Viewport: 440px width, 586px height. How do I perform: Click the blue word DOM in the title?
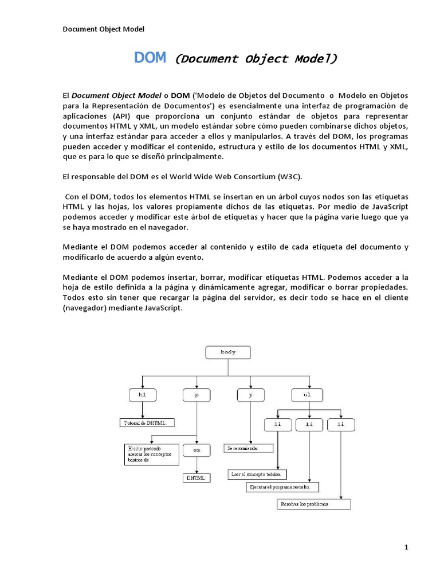point(150,58)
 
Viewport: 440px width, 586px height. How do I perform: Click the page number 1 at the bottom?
point(406,548)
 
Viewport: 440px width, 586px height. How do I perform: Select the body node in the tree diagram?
point(228,353)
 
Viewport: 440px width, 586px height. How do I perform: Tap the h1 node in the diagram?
point(142,395)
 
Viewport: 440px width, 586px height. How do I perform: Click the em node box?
point(196,450)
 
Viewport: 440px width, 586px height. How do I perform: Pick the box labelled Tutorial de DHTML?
point(149,423)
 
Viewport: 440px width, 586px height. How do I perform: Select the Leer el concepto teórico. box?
point(257,474)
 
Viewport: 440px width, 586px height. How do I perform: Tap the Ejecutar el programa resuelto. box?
point(282,488)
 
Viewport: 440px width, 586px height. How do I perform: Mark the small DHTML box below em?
point(197,477)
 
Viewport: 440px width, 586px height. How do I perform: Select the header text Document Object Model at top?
point(103,29)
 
